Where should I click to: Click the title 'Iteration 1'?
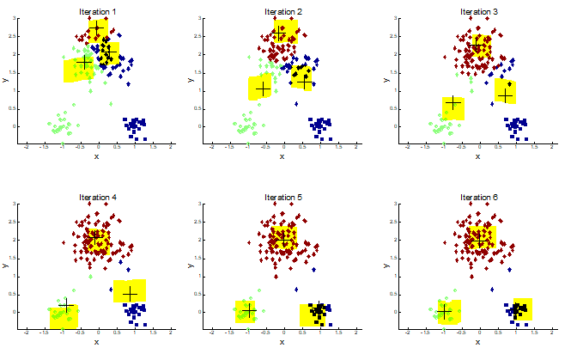point(98,11)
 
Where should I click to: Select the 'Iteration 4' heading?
point(98,198)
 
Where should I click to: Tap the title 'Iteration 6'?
point(479,198)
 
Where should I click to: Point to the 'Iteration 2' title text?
point(283,11)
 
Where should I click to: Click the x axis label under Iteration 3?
point(479,157)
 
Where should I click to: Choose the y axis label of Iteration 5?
point(189,265)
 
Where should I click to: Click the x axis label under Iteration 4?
point(96,343)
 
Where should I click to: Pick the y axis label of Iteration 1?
point(5,80)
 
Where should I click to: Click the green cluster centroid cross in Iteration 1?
point(83,63)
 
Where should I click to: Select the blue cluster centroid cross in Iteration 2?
point(304,82)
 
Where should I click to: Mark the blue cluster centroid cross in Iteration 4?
point(130,294)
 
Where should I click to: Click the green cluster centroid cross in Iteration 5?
point(248,310)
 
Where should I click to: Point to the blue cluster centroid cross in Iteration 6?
point(519,309)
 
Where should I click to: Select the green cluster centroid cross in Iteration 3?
point(452,104)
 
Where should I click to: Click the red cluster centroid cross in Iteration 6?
point(481,240)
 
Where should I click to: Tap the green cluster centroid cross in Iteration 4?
point(66,306)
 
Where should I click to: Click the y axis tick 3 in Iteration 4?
point(15,204)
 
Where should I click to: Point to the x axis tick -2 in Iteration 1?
point(27,147)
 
